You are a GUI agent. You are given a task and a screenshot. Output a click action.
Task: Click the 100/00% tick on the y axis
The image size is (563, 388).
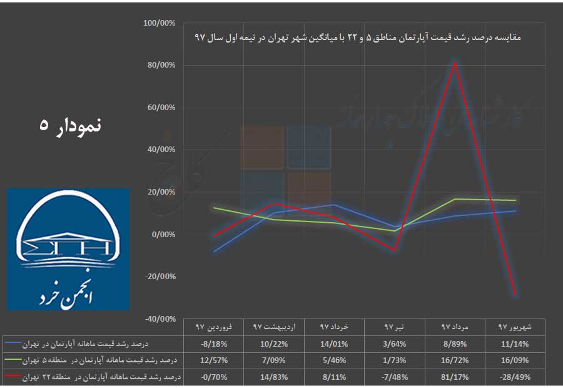[160, 23]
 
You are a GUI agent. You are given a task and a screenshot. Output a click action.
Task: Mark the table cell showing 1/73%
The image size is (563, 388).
[394, 360]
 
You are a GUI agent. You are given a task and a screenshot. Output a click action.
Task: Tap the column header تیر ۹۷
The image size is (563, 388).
[394, 327]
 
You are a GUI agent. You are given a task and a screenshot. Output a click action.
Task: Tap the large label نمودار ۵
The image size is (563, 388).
[69, 124]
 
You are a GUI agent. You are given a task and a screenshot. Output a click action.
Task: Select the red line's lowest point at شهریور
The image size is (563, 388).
[515, 295]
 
